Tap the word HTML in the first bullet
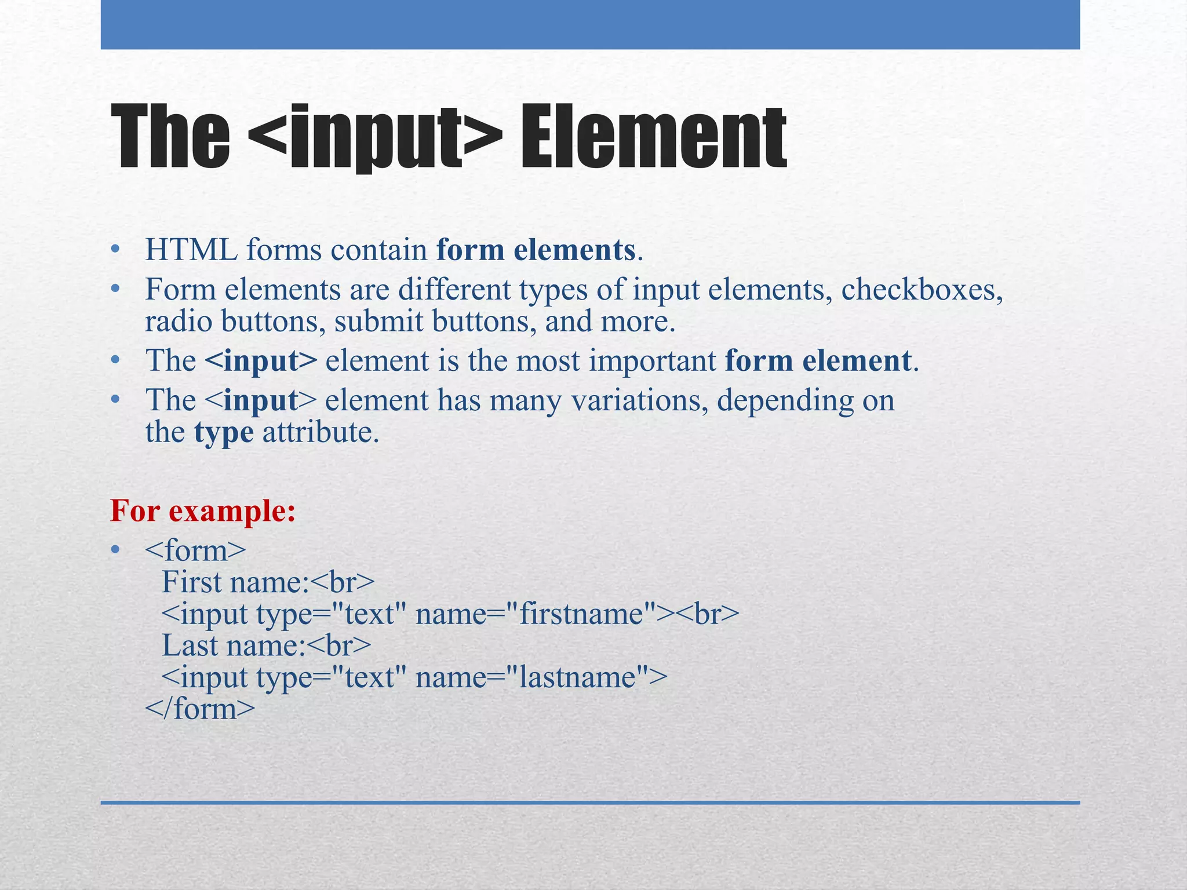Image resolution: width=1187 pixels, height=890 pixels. coord(191,250)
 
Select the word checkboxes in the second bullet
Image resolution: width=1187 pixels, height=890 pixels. coord(922,289)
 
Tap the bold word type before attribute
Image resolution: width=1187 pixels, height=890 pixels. coord(224,433)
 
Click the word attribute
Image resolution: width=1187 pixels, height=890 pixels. coord(320,432)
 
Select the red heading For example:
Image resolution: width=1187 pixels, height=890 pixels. coord(203,510)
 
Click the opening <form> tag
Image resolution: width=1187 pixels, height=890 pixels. coord(195,550)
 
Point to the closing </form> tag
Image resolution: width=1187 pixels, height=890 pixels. coord(200,709)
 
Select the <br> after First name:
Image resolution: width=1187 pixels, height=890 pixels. coord(343,582)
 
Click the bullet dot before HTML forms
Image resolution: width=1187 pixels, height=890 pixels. coord(115,250)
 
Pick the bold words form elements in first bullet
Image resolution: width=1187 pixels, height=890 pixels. coord(536,250)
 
